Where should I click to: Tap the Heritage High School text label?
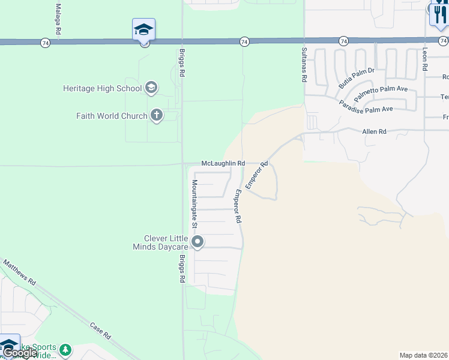coord(102,88)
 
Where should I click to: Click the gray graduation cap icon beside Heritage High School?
coord(151,88)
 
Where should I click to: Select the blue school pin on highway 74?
coord(143,30)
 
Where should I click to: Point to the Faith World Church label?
coord(112,116)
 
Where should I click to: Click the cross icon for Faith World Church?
coord(157,115)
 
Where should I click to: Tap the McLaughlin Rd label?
coord(223,163)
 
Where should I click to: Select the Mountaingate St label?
coord(194,203)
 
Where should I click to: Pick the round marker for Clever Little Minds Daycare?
coord(198,242)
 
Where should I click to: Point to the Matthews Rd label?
coord(20,272)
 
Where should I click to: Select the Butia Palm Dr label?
coord(356,78)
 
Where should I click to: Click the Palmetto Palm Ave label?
coord(381,94)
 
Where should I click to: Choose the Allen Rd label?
coord(373,131)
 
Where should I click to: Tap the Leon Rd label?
coord(425,60)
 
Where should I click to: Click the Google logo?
coord(20,353)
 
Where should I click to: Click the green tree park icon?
coord(65,349)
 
